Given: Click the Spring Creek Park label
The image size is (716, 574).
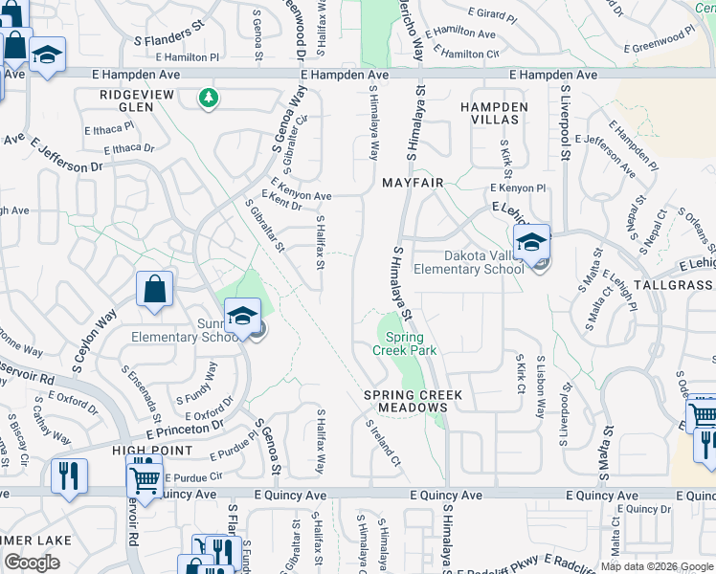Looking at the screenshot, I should click(411, 343).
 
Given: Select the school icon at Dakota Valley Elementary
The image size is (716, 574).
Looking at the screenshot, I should click(531, 244).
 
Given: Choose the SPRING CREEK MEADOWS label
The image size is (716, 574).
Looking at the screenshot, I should click(414, 401).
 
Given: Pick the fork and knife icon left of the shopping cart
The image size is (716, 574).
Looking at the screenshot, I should click(69, 477).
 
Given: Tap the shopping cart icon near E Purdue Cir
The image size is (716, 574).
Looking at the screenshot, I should click(145, 477).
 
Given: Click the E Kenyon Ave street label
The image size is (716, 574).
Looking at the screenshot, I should click(301, 188).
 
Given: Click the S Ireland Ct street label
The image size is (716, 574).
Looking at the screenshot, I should click(382, 442).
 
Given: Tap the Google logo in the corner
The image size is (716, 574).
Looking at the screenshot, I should click(32, 563).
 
